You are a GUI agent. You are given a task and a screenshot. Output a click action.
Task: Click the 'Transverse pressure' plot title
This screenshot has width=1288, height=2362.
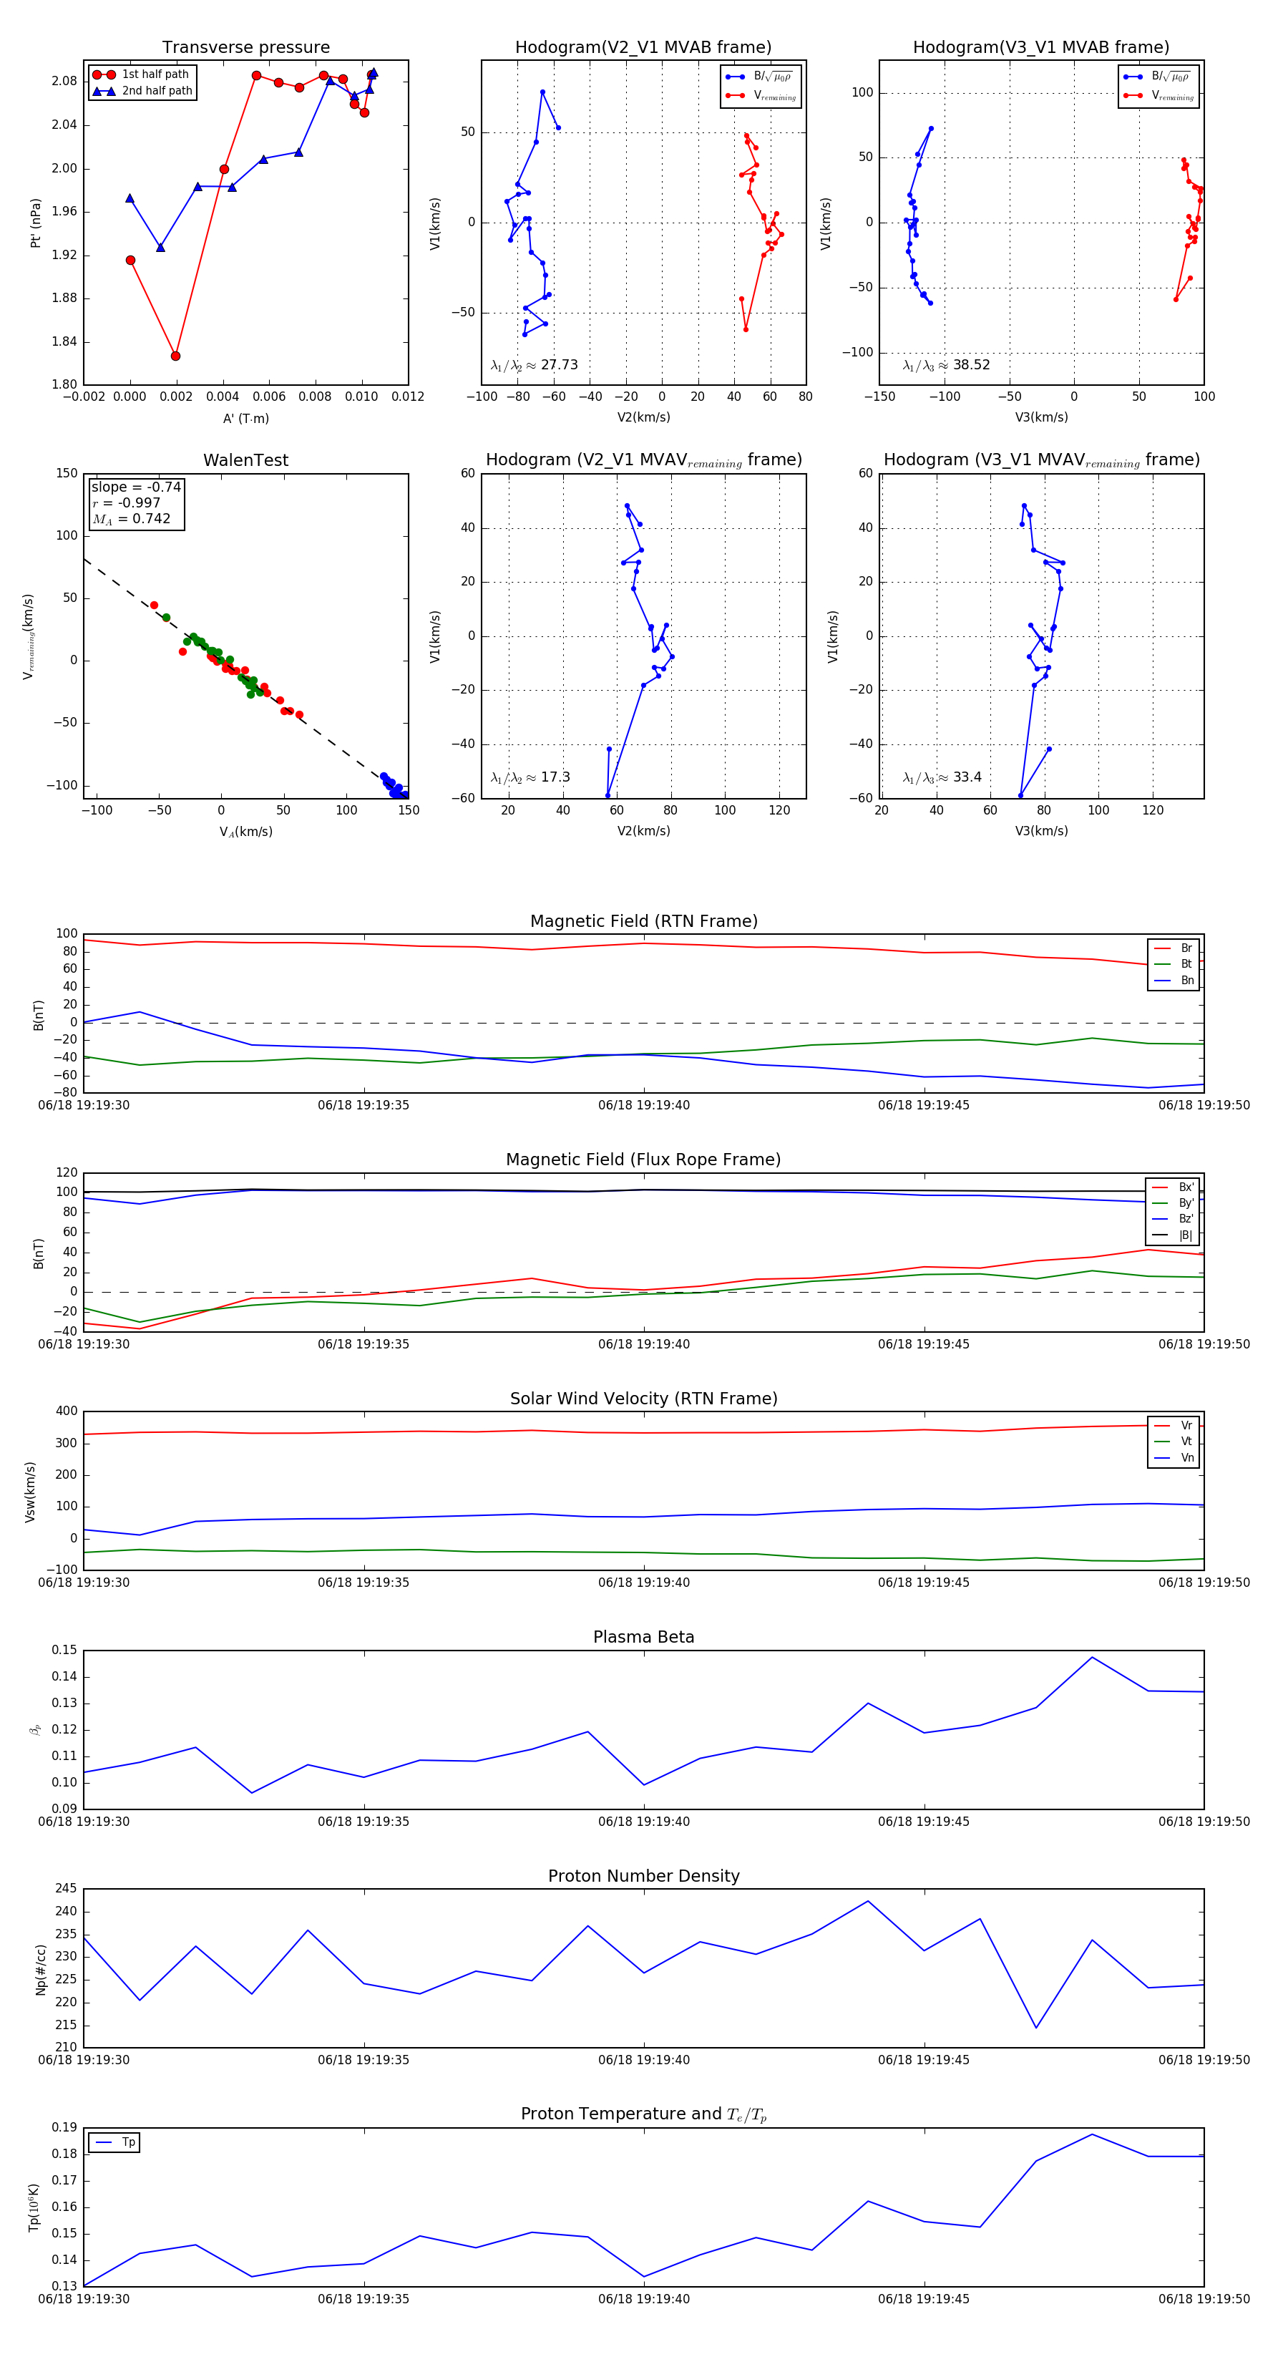245,48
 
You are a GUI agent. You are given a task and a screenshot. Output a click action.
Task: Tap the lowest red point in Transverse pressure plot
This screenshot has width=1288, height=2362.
175,356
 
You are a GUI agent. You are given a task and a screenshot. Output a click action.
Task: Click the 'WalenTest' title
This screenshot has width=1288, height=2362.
245,460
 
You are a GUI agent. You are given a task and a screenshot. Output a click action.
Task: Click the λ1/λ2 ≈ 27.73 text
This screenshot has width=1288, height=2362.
535,365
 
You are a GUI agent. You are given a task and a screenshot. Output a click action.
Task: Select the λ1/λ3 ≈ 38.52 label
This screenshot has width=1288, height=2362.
946,365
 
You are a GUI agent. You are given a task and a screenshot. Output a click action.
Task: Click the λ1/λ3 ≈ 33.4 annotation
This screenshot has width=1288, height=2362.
942,777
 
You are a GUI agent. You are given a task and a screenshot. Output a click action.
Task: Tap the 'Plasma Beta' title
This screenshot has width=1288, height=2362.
643,1637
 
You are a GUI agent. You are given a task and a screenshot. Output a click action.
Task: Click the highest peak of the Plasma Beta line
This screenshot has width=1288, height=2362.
1092,1657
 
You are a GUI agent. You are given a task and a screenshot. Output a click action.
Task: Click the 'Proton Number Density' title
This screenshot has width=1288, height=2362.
643,1875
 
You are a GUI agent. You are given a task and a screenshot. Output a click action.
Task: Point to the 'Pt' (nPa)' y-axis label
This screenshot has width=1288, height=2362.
36,223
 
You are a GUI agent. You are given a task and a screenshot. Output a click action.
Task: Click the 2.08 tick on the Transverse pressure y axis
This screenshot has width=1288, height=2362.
64,82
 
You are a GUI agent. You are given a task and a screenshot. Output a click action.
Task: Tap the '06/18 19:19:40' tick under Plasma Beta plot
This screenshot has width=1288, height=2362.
643,1821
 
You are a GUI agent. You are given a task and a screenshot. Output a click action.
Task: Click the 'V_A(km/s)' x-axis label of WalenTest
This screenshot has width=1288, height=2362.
245,832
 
